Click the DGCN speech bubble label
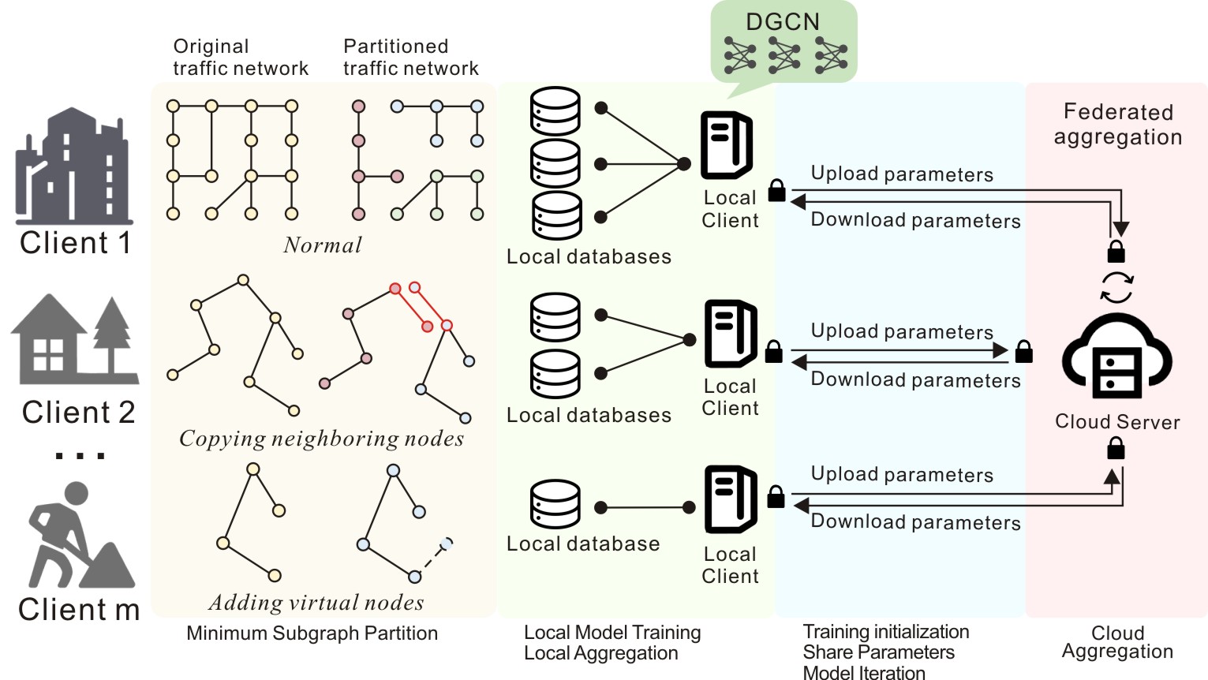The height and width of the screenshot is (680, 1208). (x=783, y=22)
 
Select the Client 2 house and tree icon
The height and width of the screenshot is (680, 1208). (x=74, y=339)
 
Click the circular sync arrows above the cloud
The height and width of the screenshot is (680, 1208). (x=1116, y=287)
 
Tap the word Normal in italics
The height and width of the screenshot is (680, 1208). (x=322, y=245)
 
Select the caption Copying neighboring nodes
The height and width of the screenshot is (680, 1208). (x=321, y=439)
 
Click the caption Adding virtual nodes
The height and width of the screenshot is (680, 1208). (x=316, y=603)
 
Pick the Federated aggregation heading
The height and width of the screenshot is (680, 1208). (x=1118, y=124)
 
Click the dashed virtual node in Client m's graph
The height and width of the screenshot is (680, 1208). (x=447, y=543)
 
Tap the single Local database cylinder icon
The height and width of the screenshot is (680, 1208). (x=555, y=504)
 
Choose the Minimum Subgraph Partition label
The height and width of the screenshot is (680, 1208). (x=312, y=633)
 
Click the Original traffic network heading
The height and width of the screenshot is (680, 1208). (x=241, y=58)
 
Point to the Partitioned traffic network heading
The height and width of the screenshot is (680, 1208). (x=410, y=58)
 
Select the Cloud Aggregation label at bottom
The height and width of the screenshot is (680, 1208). (x=1117, y=642)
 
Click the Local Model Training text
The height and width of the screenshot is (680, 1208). (x=612, y=633)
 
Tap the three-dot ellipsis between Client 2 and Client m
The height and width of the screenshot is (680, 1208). (x=79, y=455)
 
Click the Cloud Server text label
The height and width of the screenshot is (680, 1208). (x=1117, y=422)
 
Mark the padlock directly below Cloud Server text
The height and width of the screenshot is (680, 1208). (x=1116, y=450)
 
